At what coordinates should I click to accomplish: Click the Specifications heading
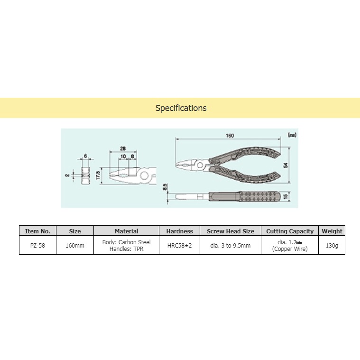(x=181, y=108)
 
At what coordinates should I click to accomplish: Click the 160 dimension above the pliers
(x=230, y=136)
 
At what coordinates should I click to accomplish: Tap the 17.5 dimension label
(x=98, y=175)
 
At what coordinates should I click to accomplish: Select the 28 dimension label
(x=122, y=148)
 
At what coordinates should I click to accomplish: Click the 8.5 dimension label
(x=165, y=187)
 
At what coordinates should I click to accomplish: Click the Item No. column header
(x=37, y=231)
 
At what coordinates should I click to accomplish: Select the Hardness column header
(x=179, y=231)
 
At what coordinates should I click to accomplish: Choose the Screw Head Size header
(x=230, y=231)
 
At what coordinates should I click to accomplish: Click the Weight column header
(x=332, y=231)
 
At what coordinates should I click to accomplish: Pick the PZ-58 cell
(x=37, y=246)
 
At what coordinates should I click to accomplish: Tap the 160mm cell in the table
(x=74, y=246)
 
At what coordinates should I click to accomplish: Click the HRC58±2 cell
(x=179, y=246)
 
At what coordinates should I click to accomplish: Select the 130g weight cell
(x=332, y=246)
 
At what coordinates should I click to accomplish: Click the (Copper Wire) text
(x=289, y=249)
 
